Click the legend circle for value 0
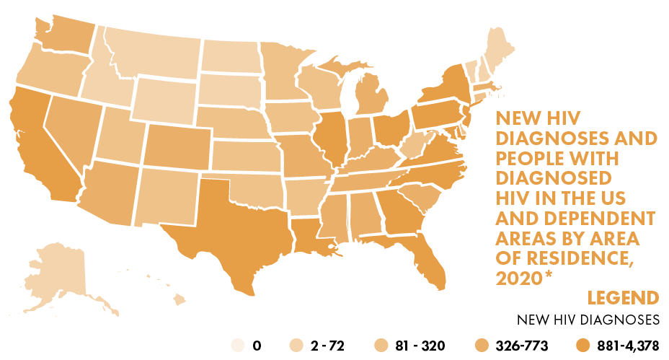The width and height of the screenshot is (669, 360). [236, 346]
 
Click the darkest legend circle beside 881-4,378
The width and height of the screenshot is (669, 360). [583, 346]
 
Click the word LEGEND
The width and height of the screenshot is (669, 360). [623, 298]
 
